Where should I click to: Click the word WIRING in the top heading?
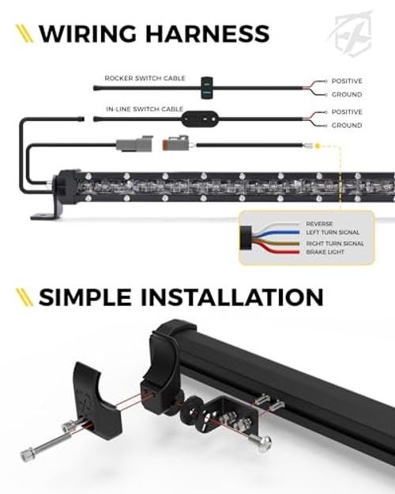tap(88, 33)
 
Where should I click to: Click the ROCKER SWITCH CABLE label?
tap(145, 78)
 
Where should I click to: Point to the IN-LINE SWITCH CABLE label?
tap(145, 109)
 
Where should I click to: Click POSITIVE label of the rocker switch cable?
tap(347, 81)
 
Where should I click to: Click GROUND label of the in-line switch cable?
tap(347, 126)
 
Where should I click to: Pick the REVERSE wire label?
tap(319, 224)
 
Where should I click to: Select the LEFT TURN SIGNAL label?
tap(333, 232)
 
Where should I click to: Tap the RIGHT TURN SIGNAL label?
tap(335, 243)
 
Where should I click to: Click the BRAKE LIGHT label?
tap(325, 252)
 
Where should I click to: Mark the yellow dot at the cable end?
tap(318, 146)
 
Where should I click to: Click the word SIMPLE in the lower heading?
tap(85, 297)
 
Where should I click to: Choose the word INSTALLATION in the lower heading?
tap(231, 297)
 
